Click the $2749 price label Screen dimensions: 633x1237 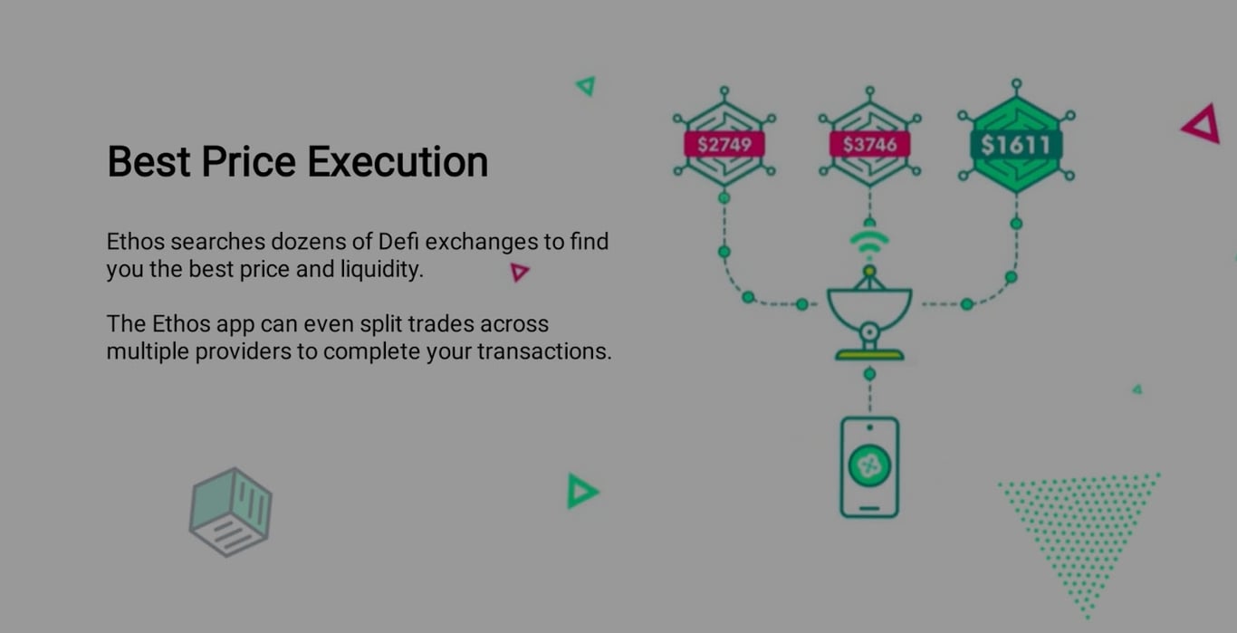724,145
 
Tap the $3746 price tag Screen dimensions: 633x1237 869,145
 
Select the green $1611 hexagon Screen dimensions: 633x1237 1015,145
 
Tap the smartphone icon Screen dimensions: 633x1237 869,467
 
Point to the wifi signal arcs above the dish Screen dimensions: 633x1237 869,243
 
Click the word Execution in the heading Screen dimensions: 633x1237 398,162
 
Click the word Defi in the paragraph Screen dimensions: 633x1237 399,242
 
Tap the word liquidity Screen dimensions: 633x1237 381,270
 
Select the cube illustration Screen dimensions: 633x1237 230,512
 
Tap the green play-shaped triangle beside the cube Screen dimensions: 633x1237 581,491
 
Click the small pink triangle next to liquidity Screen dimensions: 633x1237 519,271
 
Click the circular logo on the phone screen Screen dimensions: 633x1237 869,466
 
